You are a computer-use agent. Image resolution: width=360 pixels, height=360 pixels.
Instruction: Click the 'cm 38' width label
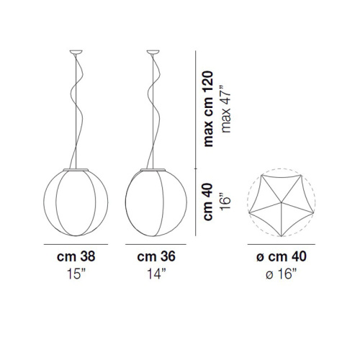[x=76, y=256]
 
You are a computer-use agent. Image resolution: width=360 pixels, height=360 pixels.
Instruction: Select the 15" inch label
[x=76, y=274]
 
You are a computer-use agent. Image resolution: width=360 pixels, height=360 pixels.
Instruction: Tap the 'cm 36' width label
[x=156, y=256]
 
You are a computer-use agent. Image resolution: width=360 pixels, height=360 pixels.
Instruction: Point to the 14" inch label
[x=156, y=274]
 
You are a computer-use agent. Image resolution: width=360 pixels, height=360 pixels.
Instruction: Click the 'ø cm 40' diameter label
[x=282, y=256]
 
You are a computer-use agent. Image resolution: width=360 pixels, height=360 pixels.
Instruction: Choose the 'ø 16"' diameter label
[x=282, y=274]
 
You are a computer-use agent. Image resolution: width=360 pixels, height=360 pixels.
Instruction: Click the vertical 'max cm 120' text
[x=208, y=109]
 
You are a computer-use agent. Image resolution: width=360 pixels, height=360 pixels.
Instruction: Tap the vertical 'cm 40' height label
[x=208, y=202]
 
